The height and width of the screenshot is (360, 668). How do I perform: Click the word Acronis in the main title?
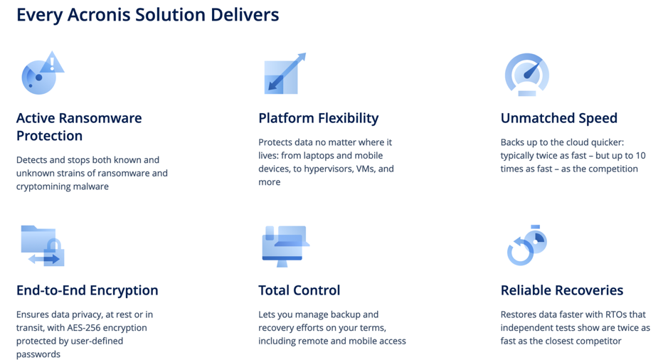coord(99,15)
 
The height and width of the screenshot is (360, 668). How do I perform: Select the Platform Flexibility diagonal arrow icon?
coord(285,73)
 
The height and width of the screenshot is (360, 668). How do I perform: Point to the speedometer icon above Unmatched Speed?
coord(527,74)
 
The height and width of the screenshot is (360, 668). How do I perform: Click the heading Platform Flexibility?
coord(318,118)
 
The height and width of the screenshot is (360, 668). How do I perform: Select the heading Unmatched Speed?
coord(559,118)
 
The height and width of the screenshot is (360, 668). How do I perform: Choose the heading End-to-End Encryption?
coord(88,290)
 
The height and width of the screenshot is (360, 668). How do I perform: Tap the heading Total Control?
coord(299,290)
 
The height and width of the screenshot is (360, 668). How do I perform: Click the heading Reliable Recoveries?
coord(562,290)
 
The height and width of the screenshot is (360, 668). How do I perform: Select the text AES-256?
coord(83,327)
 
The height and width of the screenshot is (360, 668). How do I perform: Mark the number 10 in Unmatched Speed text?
coord(640,156)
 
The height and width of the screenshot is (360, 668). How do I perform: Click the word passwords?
coord(38,354)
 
